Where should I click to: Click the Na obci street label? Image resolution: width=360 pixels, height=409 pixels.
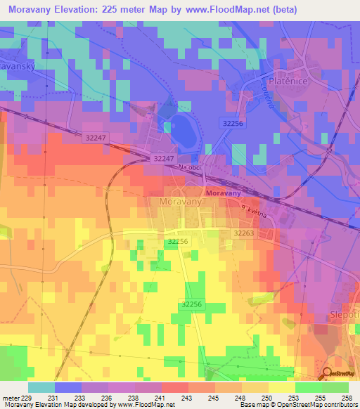[x=191, y=169]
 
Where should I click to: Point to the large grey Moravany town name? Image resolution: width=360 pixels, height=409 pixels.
[x=176, y=202]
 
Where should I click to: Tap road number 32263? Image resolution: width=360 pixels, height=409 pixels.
[x=243, y=233]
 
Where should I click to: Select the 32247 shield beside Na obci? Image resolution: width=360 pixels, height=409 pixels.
[x=163, y=160]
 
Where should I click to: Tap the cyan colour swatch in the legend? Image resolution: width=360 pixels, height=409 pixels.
[x=41, y=387]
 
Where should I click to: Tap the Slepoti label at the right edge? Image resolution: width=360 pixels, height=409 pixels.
[x=344, y=316]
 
